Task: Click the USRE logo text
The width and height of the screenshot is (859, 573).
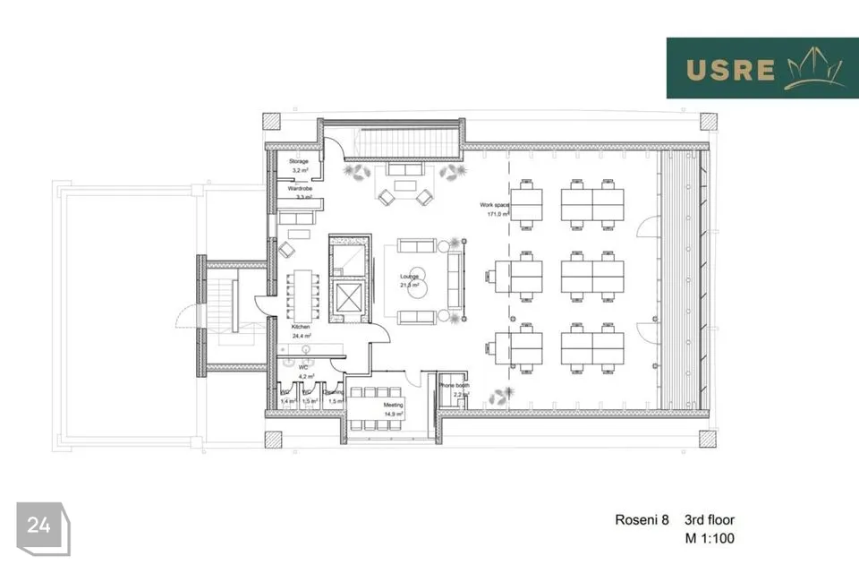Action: coord(730,69)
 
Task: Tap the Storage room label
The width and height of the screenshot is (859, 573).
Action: coord(298,161)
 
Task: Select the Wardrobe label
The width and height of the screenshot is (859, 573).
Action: coord(299,190)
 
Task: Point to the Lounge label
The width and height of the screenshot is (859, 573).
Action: coord(410,277)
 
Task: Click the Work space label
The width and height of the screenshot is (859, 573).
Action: coord(494,205)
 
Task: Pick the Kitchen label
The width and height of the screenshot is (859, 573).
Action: coord(301,328)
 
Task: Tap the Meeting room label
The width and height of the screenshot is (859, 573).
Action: coord(394,406)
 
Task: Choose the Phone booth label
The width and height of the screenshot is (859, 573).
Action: coord(454,386)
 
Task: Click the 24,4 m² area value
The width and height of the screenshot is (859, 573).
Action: coord(301,336)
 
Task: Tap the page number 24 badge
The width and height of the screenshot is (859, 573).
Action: coord(39,526)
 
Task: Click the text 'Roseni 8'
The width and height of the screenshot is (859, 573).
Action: coord(642,520)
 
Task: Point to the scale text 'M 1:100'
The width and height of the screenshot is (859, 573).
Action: coord(709,539)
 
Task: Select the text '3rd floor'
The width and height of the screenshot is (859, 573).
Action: coord(710,520)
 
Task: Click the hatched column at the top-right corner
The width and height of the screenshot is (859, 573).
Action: coord(708,121)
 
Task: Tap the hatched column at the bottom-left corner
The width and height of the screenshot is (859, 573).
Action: coord(273,440)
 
